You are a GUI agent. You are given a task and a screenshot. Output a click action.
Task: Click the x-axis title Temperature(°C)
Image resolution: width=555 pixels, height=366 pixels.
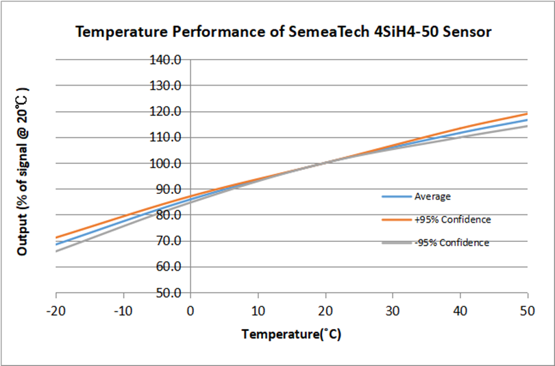(291, 334)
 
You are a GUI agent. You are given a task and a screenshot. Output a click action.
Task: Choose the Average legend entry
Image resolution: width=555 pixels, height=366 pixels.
(432, 197)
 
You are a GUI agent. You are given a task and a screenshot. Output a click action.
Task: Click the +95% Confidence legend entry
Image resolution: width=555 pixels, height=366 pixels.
(452, 220)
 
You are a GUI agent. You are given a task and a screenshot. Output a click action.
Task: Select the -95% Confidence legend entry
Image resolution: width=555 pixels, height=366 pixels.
(452, 243)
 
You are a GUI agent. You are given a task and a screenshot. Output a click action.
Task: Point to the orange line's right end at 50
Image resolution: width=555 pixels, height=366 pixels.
(527, 114)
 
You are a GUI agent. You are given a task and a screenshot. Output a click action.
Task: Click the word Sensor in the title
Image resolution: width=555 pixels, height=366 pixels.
(467, 32)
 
